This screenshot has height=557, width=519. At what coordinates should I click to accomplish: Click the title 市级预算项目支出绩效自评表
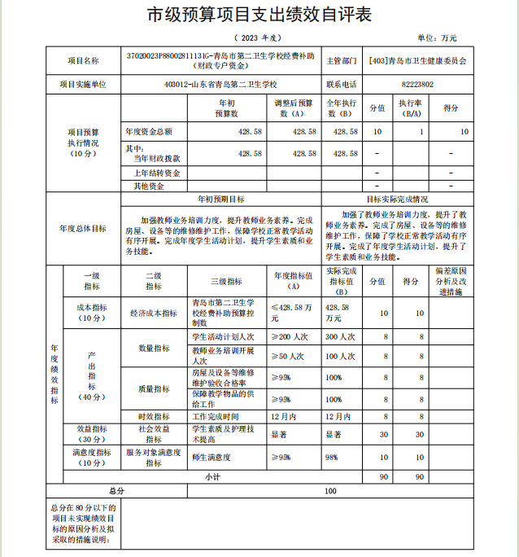tap(259, 15)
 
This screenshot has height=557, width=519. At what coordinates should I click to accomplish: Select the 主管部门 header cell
tap(342, 60)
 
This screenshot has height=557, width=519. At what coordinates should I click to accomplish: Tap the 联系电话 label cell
tap(342, 84)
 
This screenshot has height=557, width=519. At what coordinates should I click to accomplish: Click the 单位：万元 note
tap(437, 37)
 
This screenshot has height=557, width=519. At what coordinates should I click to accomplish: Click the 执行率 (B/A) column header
tap(409, 108)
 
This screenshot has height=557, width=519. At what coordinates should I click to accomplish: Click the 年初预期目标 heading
tap(221, 199)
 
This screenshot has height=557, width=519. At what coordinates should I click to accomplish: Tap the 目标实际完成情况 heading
tap(397, 199)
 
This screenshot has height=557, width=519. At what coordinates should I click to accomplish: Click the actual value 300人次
tap(342, 336)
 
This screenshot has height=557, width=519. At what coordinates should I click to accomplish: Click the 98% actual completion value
tap(334, 458)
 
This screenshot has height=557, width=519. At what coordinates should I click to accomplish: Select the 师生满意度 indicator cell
tap(212, 458)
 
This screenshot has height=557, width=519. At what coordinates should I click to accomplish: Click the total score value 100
tap(330, 491)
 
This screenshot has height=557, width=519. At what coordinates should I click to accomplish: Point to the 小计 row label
tap(212, 476)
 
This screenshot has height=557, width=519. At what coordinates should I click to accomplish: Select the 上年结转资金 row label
tap(156, 173)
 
